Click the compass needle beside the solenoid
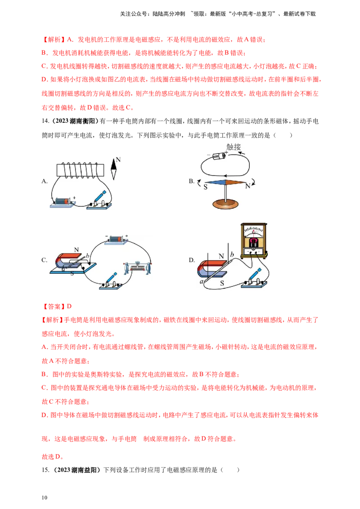tap(114, 169)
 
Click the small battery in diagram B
tap(219, 156)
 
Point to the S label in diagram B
tap(205, 187)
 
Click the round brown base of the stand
tap(225, 204)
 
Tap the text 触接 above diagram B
tap(234, 147)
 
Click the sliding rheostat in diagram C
tap(137, 268)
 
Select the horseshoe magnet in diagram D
tap(212, 268)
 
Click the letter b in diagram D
tap(232, 255)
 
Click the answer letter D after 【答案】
tap(69, 307)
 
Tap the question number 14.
tap(45, 121)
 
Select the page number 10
tap(45, 498)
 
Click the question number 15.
tap(45, 470)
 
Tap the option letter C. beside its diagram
tap(45, 260)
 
